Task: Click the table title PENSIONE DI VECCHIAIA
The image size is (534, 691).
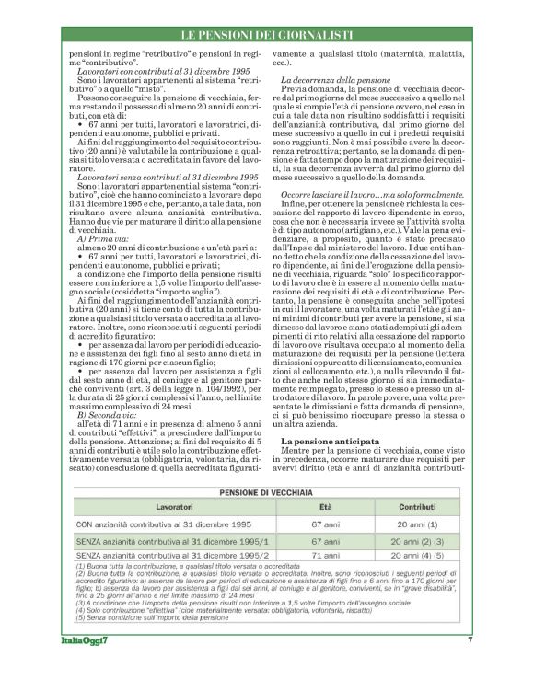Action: click(x=266, y=492)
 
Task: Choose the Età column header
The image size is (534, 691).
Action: click(x=325, y=507)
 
